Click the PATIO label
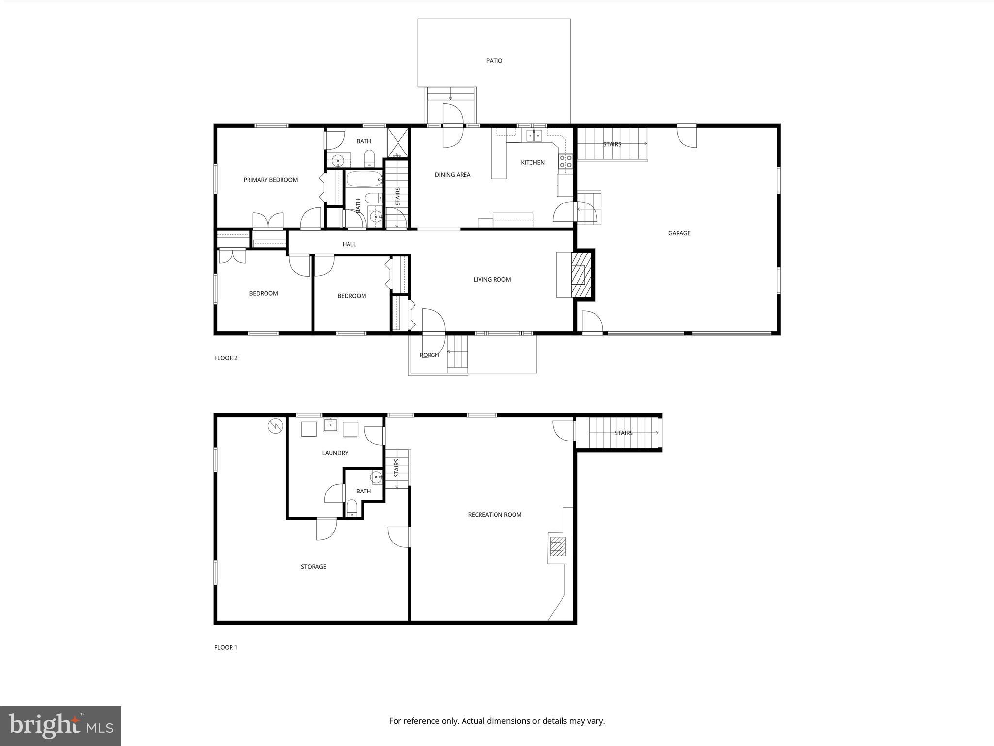coord(494,61)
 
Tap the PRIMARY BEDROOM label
coord(270,180)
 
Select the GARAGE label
coord(679,233)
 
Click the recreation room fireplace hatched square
coord(558,546)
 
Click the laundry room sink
coord(331,425)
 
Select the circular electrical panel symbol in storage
coord(274,426)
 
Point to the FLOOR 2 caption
coord(226,358)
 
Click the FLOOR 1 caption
coord(226,647)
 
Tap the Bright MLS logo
coord(61,726)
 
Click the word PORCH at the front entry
coord(429,355)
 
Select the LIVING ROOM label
coord(492,279)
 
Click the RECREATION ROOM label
coord(495,515)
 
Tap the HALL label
coord(349,244)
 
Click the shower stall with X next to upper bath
coord(398,141)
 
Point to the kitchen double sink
coord(534,136)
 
